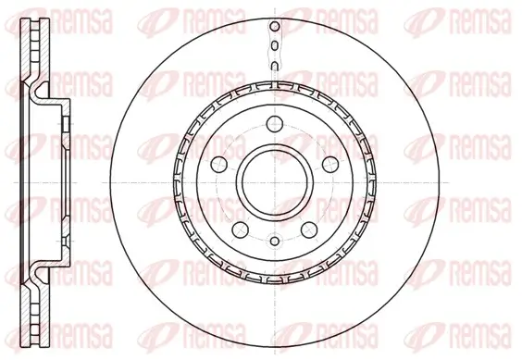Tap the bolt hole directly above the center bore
coord(275,129)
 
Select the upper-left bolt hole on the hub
coord(218,164)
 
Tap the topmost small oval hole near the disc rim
coord(275,31)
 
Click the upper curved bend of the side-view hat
coord(39,93)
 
